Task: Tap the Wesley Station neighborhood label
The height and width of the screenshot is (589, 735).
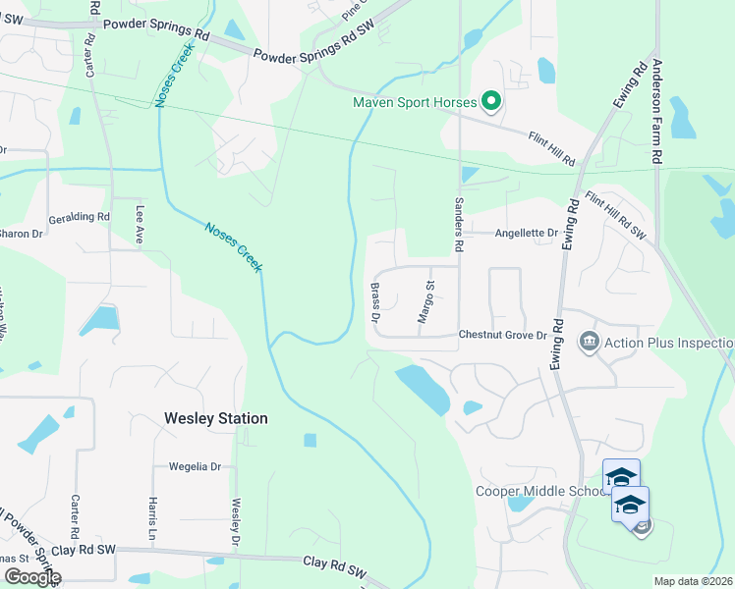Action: [214, 418]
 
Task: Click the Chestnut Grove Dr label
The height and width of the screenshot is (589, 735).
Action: [501, 335]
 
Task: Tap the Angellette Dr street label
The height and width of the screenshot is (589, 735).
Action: [526, 234]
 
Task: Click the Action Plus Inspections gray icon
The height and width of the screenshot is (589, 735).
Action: [590, 342]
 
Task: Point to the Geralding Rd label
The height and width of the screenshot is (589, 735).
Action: [79, 217]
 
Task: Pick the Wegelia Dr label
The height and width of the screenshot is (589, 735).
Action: [195, 467]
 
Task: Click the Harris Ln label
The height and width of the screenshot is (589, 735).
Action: [154, 518]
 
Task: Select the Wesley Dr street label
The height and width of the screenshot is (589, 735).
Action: [235, 523]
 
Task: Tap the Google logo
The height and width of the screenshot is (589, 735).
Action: [32, 577]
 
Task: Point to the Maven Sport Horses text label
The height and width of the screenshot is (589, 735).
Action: [415, 102]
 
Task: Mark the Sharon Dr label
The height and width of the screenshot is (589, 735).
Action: [22, 234]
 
